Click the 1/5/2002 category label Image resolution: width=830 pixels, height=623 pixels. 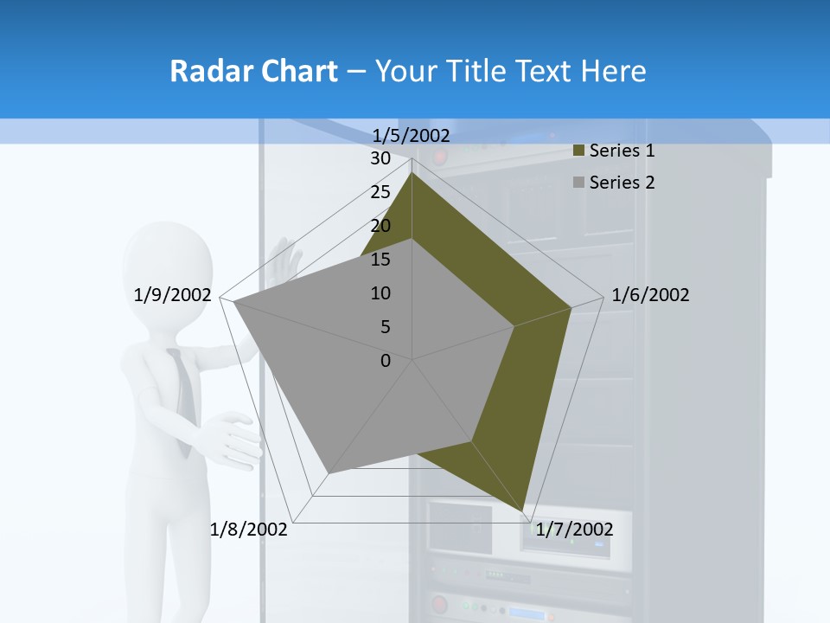click(x=412, y=136)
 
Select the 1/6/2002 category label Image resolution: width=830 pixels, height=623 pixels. click(x=650, y=295)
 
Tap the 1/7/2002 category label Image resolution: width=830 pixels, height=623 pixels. click(x=574, y=530)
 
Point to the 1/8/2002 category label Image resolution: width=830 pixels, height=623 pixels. click(x=249, y=530)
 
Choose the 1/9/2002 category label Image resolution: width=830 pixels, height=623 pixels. click(x=173, y=295)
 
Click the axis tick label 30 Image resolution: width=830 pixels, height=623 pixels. click(x=380, y=158)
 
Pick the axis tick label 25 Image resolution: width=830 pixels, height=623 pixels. click(x=380, y=192)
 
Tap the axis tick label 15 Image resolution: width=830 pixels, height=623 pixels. click(x=380, y=260)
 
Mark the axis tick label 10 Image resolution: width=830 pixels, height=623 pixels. click(x=380, y=293)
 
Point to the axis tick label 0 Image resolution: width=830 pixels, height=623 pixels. click(x=386, y=361)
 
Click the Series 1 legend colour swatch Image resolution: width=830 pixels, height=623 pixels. click(x=578, y=151)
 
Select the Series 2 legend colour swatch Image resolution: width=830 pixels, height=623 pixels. click(x=578, y=183)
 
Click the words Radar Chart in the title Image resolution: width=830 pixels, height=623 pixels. click(x=253, y=71)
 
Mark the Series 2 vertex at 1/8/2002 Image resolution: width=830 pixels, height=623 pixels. click(x=329, y=472)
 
